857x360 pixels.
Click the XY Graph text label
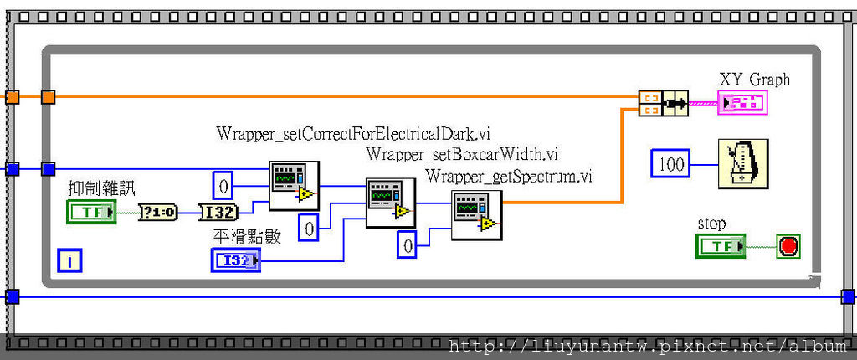click(x=754, y=80)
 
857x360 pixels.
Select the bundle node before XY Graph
click(x=662, y=103)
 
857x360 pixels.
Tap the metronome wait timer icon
click(x=743, y=164)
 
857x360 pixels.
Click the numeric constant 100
click(x=671, y=164)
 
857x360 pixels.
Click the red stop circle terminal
click(x=788, y=246)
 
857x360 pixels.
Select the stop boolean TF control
click(x=720, y=246)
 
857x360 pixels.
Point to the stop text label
click(x=711, y=224)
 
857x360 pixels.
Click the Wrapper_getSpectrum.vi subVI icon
click(x=476, y=214)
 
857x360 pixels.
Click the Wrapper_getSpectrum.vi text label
click(x=508, y=176)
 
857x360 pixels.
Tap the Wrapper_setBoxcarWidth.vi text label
click(x=461, y=154)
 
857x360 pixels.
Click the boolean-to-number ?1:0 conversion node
click(x=157, y=212)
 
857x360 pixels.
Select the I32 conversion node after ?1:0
click(x=218, y=212)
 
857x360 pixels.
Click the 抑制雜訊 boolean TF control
click(x=92, y=212)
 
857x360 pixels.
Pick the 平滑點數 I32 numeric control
click(x=235, y=261)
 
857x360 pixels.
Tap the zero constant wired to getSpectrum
click(x=407, y=245)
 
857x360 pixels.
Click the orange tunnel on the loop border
click(x=48, y=97)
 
